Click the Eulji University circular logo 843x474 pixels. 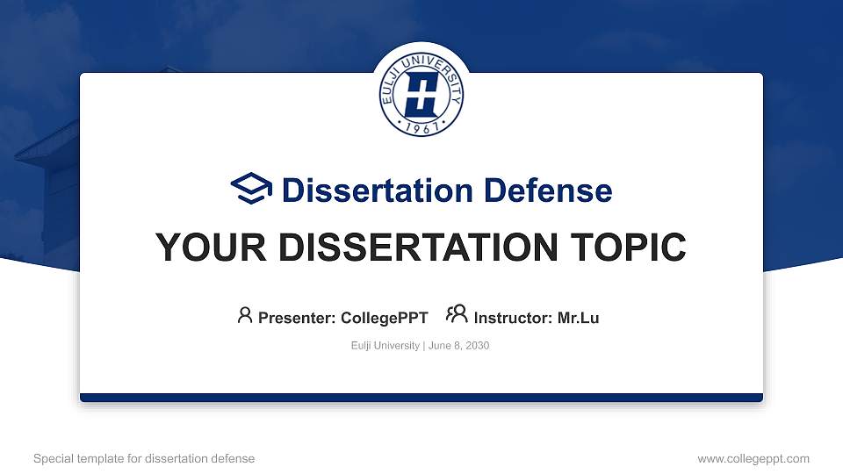(421, 95)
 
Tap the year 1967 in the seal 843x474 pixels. (421, 127)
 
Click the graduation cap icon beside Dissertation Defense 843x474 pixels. (251, 188)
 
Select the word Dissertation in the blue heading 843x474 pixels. (378, 190)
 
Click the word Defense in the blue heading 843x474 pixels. (548, 190)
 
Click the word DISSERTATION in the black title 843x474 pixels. (418, 248)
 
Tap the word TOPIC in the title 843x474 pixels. (628, 248)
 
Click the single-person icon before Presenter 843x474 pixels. (245, 315)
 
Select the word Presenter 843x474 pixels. (297, 318)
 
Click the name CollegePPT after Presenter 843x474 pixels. (385, 318)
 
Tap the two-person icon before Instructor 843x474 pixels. (457, 314)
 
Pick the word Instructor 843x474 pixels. (513, 318)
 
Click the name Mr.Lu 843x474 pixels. (578, 318)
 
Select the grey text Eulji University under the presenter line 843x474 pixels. (385, 346)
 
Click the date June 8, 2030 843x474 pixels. (458, 346)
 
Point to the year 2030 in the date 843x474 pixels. (478, 346)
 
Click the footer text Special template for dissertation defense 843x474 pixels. (144, 458)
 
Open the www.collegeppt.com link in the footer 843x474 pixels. (753, 459)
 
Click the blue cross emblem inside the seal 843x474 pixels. (421, 95)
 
